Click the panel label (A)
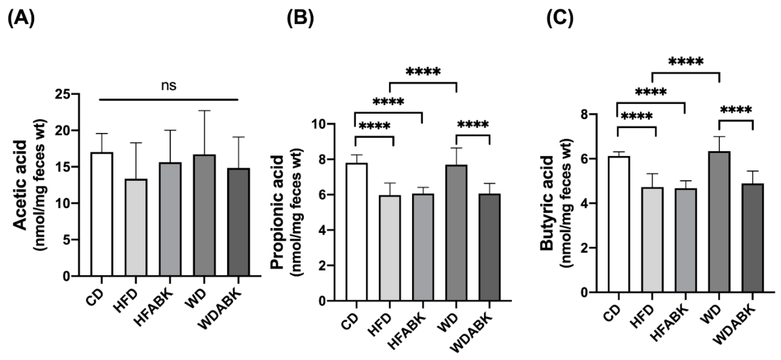(21, 19)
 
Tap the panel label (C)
(560, 19)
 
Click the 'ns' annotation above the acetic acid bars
(169, 86)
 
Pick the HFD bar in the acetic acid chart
(136, 227)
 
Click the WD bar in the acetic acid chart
(205, 215)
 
